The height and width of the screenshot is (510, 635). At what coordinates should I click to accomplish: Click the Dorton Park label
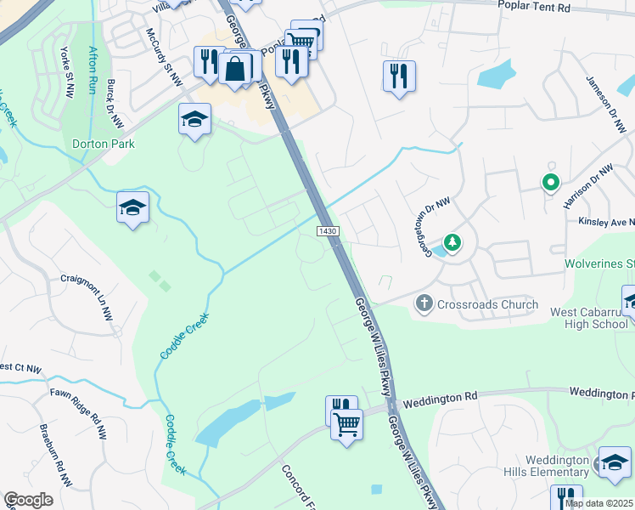click(x=103, y=144)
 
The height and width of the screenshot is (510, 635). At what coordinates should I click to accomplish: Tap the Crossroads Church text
click(x=488, y=304)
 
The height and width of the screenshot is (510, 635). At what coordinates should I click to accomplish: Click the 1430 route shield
click(x=329, y=232)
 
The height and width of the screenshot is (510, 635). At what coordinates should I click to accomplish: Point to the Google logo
click(x=28, y=500)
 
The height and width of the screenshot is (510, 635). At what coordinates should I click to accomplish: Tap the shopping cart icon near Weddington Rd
click(x=346, y=422)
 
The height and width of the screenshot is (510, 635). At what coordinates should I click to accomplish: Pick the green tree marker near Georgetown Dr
click(x=453, y=244)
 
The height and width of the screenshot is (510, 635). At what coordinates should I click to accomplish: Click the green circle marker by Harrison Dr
click(x=550, y=181)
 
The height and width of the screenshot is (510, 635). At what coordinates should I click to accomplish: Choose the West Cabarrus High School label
click(x=588, y=318)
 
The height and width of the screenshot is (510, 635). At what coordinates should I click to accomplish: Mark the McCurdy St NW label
click(x=164, y=57)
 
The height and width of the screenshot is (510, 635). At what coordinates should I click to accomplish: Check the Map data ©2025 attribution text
click(x=598, y=503)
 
